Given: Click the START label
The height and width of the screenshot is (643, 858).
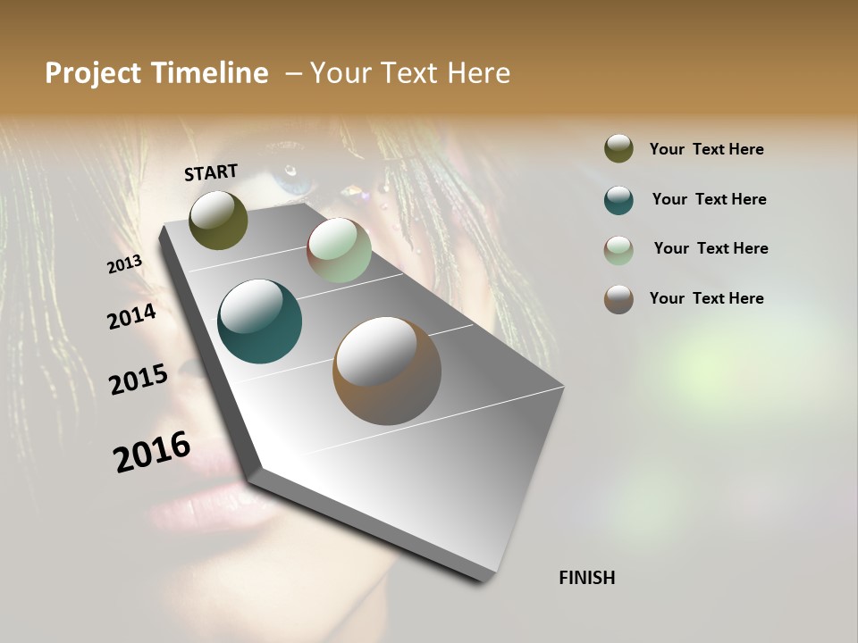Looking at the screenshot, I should coord(211,172).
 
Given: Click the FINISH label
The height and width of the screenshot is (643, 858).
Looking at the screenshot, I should coord(587,578).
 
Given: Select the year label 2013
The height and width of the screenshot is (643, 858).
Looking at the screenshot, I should coord(124,264).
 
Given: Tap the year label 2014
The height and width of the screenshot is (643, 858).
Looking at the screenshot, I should coord(131,317).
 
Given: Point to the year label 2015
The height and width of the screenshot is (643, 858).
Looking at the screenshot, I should coord(139,380).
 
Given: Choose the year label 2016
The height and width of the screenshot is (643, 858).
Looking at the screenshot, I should coord(152,452).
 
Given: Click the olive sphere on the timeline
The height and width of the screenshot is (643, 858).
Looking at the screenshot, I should coord(218,220).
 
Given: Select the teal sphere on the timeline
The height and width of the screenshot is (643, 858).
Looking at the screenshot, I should coord(259,321).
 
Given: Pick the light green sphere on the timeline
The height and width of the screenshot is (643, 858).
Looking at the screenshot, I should coord(339,251).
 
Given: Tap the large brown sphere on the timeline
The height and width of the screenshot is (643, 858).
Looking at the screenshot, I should coord(387,371).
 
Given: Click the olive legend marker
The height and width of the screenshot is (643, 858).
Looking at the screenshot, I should coord(618,149).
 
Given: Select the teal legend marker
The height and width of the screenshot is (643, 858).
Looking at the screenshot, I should coord(618,200).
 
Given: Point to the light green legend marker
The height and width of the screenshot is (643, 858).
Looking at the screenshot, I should coord(618,250).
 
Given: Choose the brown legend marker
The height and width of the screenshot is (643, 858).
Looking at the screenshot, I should coord(618,299).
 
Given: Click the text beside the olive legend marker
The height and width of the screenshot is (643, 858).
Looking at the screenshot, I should coord(706,150).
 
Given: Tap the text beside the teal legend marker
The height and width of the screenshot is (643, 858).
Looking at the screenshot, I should coord(709,200).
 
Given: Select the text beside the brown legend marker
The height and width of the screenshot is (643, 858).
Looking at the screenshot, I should coord(706,298).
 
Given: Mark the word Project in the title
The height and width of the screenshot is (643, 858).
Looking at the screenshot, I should coord(93,73).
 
